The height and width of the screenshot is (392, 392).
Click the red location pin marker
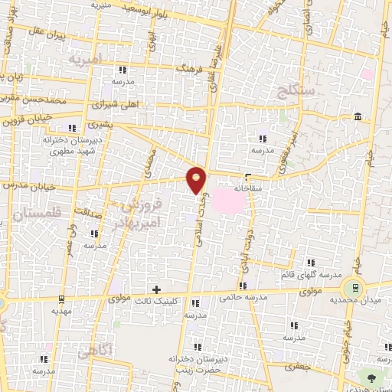click(197, 179)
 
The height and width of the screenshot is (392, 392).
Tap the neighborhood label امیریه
click(85, 59)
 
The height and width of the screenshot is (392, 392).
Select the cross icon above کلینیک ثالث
click(157, 289)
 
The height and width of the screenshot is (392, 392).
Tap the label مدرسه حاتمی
click(242, 297)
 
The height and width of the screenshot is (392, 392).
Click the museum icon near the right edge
click(358, 116)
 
